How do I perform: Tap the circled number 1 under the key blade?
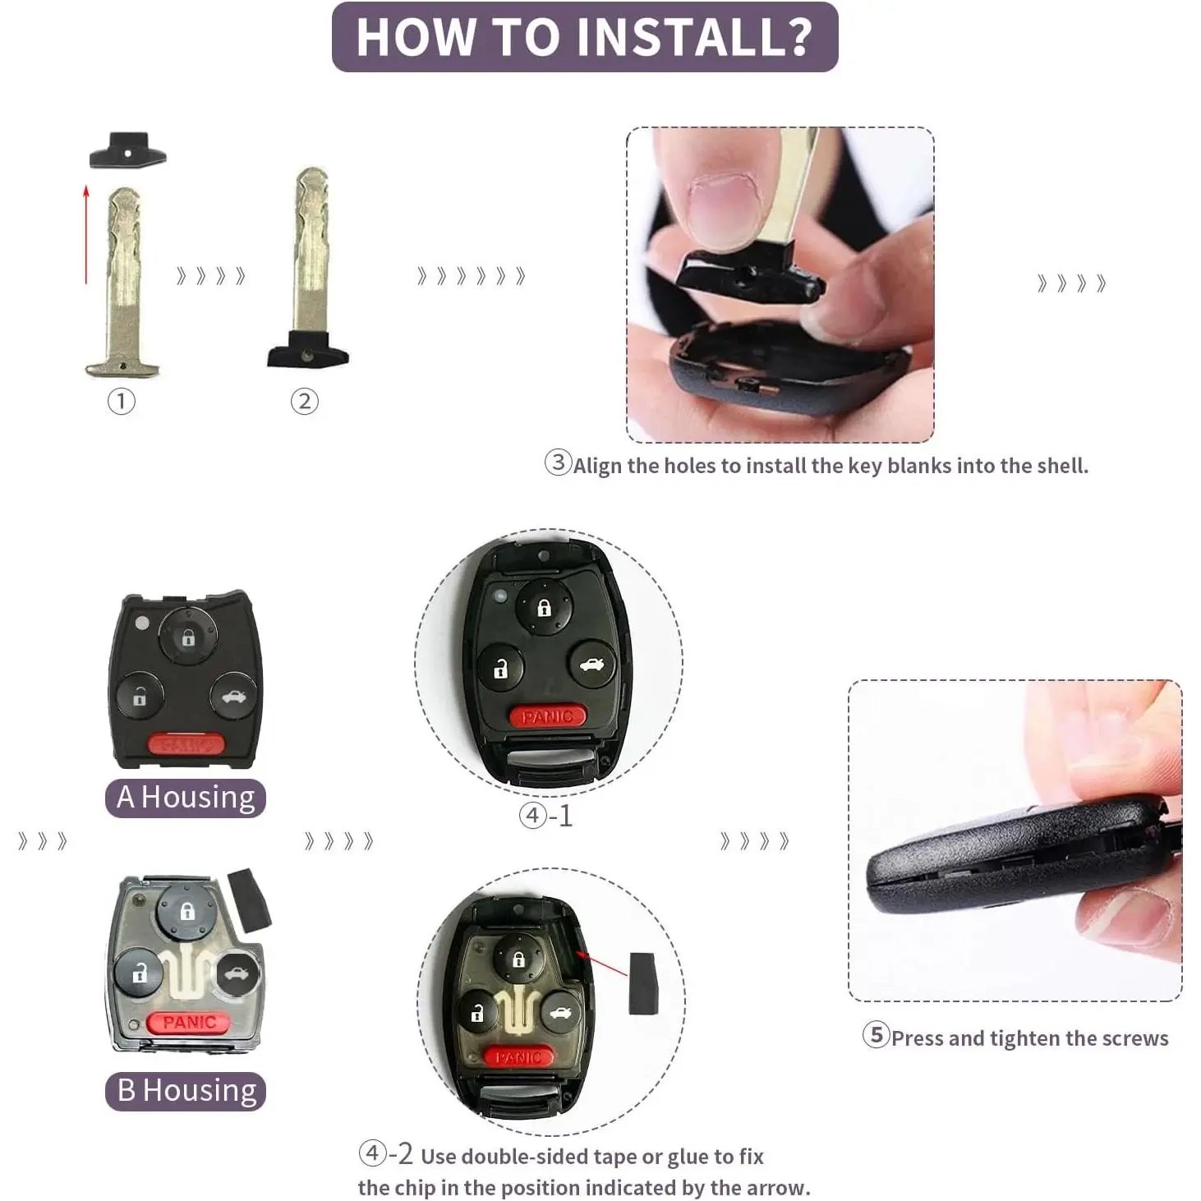tap(121, 402)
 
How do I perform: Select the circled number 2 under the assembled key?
tap(304, 402)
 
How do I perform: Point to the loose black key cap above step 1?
tap(128, 150)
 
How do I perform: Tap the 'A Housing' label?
tap(186, 798)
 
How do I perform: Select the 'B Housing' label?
tap(186, 1091)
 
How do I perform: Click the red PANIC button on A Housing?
tap(186, 743)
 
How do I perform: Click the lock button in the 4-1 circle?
tap(544, 607)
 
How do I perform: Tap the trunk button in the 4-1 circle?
tap(591, 665)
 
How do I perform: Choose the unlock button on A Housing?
tap(139, 696)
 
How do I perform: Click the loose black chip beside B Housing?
tap(249, 900)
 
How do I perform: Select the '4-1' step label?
tap(546, 816)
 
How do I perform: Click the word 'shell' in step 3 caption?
tap(1062, 466)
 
